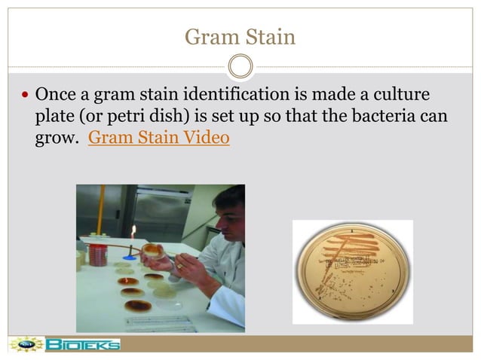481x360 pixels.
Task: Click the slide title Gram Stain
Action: tap(240, 35)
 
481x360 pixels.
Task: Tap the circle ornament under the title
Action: tap(240, 66)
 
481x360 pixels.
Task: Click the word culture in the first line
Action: tap(401, 96)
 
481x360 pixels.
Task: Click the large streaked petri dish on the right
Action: tap(352, 271)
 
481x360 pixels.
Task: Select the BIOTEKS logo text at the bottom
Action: tap(82, 345)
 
